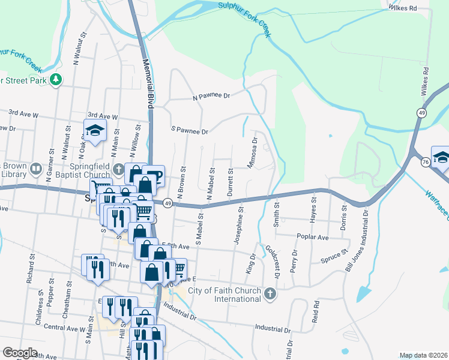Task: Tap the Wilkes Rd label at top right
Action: pos(402,8)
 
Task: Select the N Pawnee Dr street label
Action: pos(211,95)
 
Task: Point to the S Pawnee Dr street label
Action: pos(189,130)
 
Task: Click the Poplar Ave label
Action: pos(315,238)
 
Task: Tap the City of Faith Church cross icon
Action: pos(271,293)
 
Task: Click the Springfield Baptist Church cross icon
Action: pos(119,170)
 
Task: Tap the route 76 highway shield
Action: pos(425,161)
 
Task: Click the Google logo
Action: pos(20,353)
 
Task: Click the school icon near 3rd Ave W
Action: pos(94,130)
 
